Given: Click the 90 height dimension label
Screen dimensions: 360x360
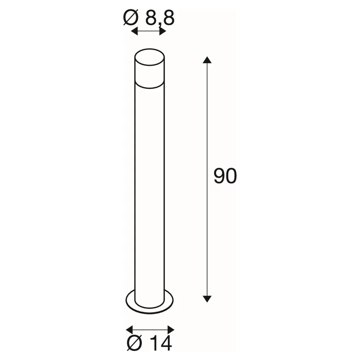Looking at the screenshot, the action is (x=225, y=176).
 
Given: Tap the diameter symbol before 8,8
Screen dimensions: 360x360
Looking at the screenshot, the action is (x=131, y=18).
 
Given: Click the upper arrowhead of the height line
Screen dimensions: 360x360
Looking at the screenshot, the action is (x=207, y=60).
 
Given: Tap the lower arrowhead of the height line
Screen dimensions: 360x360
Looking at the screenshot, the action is (x=207, y=299).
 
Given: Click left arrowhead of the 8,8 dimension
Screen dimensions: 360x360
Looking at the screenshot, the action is (x=134, y=31).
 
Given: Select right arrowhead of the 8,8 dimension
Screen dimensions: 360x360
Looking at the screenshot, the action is (x=163, y=31).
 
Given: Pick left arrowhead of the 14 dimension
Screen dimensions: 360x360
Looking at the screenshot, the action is (x=130, y=330).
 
